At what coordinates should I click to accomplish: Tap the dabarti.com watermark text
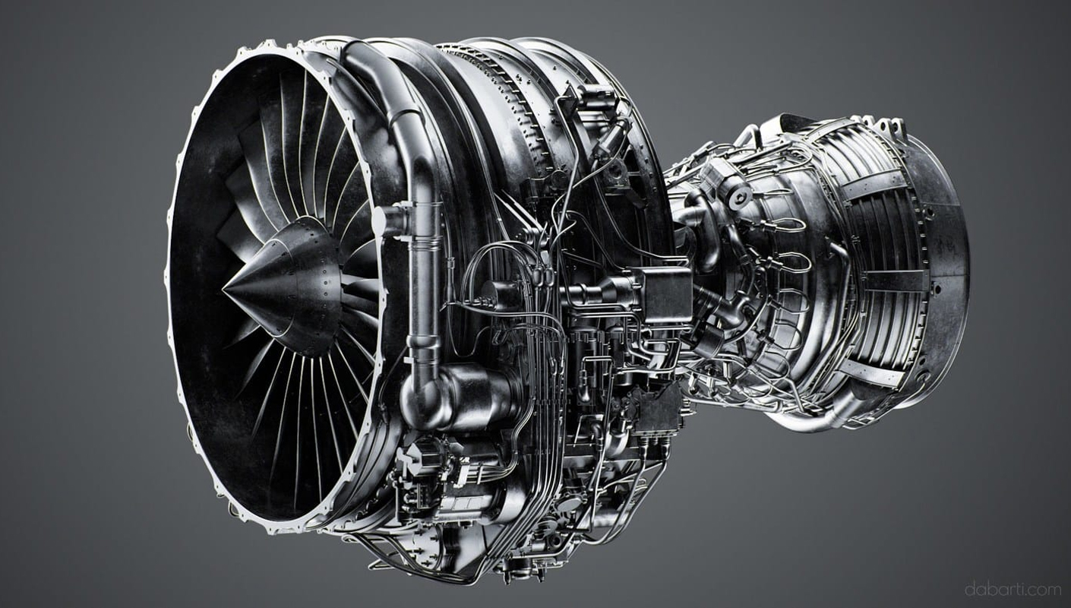click(1012, 589)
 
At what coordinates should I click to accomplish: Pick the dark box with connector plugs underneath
click(656, 410)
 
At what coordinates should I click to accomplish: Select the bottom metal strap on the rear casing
click(874, 372)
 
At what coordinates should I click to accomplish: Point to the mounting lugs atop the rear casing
click(881, 125)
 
